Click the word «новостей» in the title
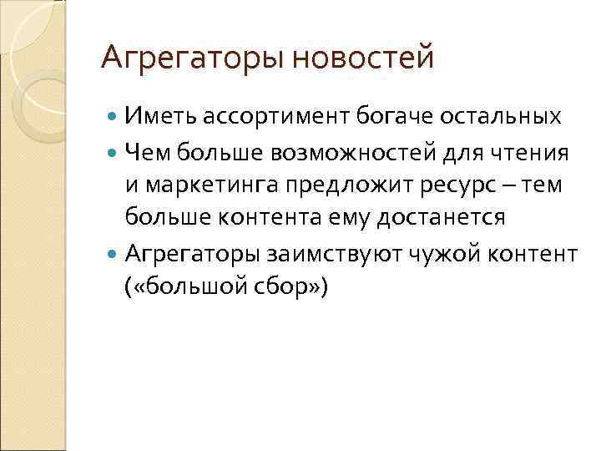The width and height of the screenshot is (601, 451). (364, 58)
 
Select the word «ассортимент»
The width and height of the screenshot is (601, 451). (270, 116)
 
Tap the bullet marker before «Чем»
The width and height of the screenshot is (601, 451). (114, 151)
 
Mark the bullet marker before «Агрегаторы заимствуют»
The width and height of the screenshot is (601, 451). (114, 253)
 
